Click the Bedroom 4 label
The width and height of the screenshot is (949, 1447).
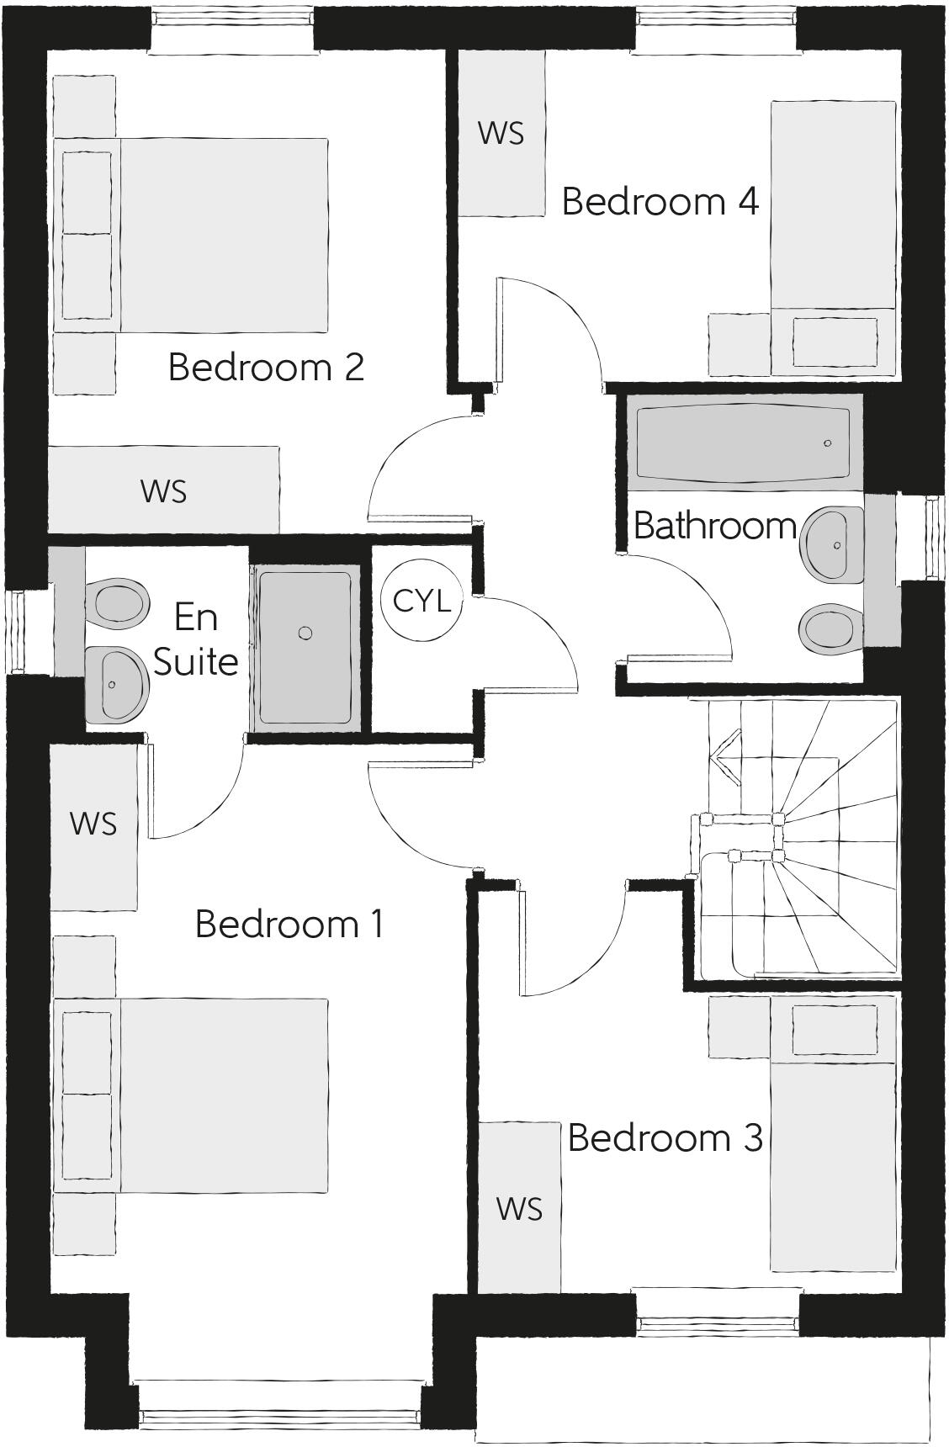tap(660, 202)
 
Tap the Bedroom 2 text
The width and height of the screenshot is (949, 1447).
tap(266, 367)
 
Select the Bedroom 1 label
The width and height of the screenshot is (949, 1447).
tap(289, 924)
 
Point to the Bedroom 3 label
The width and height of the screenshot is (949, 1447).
tap(665, 1137)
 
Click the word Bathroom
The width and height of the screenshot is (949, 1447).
tap(714, 526)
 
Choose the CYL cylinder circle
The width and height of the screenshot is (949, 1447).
tap(421, 601)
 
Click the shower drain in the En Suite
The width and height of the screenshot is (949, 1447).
tap(306, 633)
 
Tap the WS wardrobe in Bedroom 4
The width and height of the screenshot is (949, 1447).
tap(501, 133)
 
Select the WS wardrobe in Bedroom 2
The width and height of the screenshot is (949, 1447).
tap(164, 490)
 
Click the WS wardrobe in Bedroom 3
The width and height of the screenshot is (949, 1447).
tap(519, 1208)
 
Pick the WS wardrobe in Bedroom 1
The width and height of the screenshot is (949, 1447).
tap(93, 824)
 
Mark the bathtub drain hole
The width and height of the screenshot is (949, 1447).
tap(828, 443)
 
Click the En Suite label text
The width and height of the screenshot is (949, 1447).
tap(196, 639)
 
